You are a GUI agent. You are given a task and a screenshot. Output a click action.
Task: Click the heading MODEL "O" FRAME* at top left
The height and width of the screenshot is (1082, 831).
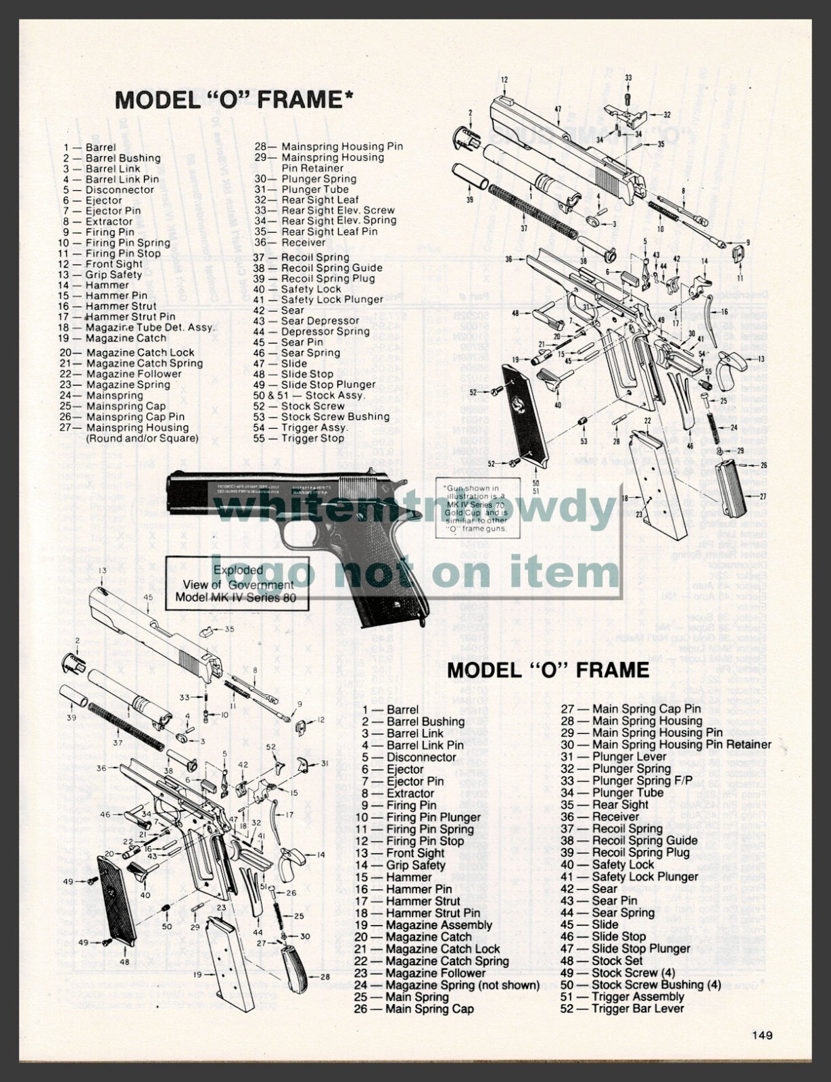[234, 100]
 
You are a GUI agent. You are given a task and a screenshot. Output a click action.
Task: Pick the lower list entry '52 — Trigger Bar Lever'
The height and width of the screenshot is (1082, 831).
[622, 1008]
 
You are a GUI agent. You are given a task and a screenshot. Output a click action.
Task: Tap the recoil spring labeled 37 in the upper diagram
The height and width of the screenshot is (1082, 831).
[531, 211]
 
